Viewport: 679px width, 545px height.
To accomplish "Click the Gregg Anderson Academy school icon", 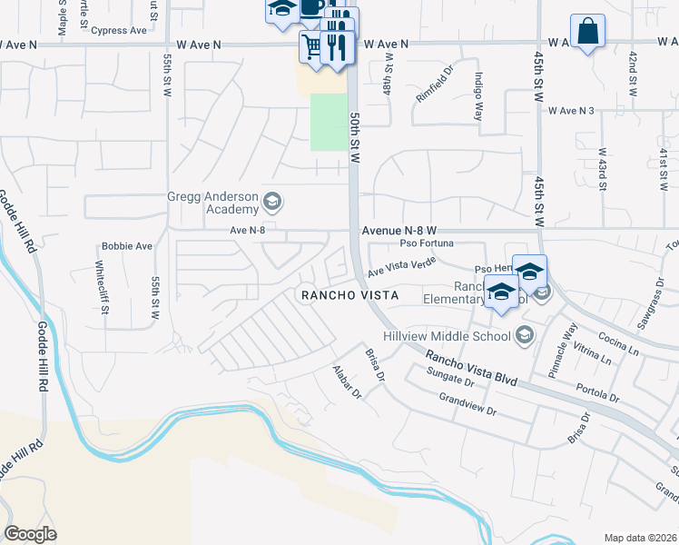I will pos(271,201).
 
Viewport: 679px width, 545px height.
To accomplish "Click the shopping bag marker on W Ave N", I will pos(587,30).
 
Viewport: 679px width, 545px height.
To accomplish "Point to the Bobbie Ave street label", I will pos(127,246).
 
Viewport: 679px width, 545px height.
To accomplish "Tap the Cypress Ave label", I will pos(124,30).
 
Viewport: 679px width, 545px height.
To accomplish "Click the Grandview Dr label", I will pos(467,404).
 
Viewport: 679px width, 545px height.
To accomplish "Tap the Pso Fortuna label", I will pos(427,243).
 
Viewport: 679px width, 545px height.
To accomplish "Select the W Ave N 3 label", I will pos(571,111).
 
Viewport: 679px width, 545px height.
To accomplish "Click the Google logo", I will pos(30,534).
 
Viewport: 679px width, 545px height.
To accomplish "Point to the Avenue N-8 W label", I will pos(400,231).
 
